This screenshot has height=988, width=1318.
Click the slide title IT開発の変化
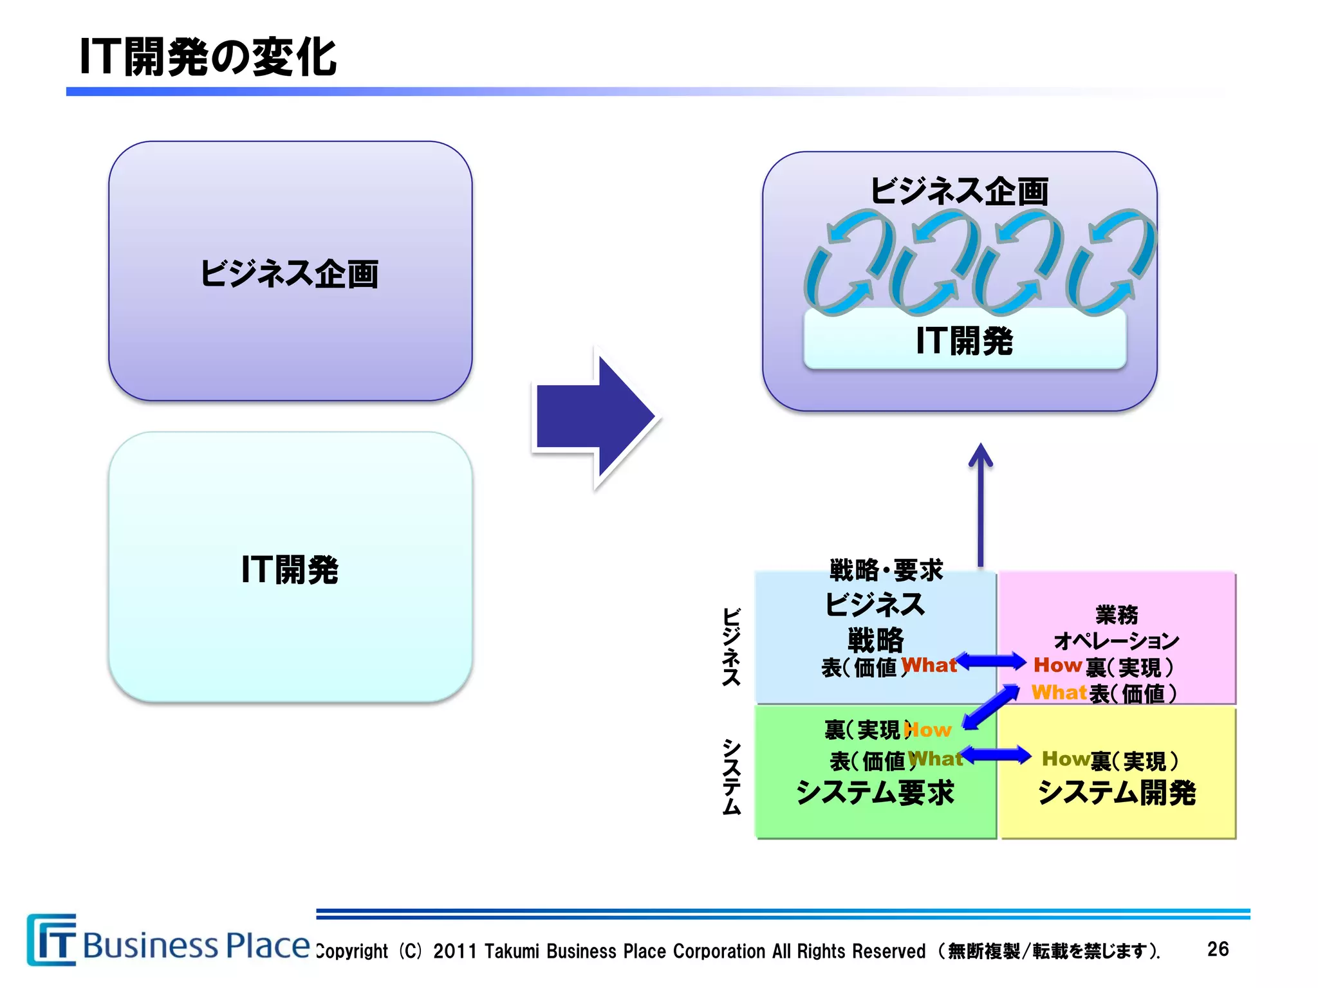tap(207, 57)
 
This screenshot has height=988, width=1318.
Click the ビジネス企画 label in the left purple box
tap(289, 274)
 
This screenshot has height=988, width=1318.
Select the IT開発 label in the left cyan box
tap(290, 570)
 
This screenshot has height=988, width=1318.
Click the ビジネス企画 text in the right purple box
tap(959, 191)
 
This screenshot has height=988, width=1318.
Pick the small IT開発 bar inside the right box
tap(964, 340)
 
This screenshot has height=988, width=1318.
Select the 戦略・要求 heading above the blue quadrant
tap(886, 571)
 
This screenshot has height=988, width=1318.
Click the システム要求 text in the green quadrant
tap(875, 792)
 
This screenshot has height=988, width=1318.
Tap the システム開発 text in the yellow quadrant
tap(1117, 792)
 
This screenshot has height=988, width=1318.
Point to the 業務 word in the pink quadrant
tap(1117, 615)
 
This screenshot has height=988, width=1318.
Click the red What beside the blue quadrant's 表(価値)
tap(929, 665)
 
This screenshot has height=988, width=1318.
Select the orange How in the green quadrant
tap(928, 730)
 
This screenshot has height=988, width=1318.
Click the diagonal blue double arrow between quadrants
tap(990, 707)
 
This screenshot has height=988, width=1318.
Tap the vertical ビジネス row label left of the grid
tap(731, 646)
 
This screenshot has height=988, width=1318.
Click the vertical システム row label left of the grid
tap(731, 777)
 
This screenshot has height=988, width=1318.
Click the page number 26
tap(1218, 949)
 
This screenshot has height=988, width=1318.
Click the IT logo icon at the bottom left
tap(51, 940)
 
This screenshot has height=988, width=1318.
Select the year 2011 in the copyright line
tap(454, 951)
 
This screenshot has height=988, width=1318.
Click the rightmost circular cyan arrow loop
tap(1111, 262)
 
